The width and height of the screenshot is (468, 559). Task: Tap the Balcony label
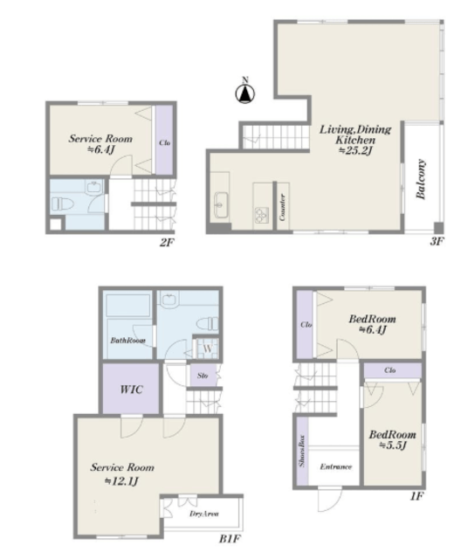click(421, 179)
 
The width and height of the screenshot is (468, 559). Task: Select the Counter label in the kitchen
click(283, 207)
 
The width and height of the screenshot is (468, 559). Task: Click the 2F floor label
click(167, 243)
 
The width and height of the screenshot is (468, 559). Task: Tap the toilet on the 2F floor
click(63, 204)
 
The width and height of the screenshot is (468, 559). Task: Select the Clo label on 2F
click(164, 143)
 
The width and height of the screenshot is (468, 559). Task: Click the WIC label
click(132, 389)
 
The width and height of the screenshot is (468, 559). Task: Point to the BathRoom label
click(127, 340)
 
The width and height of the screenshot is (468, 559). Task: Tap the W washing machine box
click(207, 348)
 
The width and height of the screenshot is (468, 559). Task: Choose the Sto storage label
click(203, 376)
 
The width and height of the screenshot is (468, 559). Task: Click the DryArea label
click(204, 514)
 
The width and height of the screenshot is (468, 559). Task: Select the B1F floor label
click(230, 539)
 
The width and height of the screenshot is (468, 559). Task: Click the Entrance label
click(336, 466)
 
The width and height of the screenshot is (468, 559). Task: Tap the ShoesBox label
click(302, 451)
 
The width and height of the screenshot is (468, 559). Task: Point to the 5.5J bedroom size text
click(393, 445)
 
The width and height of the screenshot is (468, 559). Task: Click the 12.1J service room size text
click(121, 481)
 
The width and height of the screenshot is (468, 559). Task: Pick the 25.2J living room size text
click(355, 151)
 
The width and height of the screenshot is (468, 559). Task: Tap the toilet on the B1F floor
click(208, 324)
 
